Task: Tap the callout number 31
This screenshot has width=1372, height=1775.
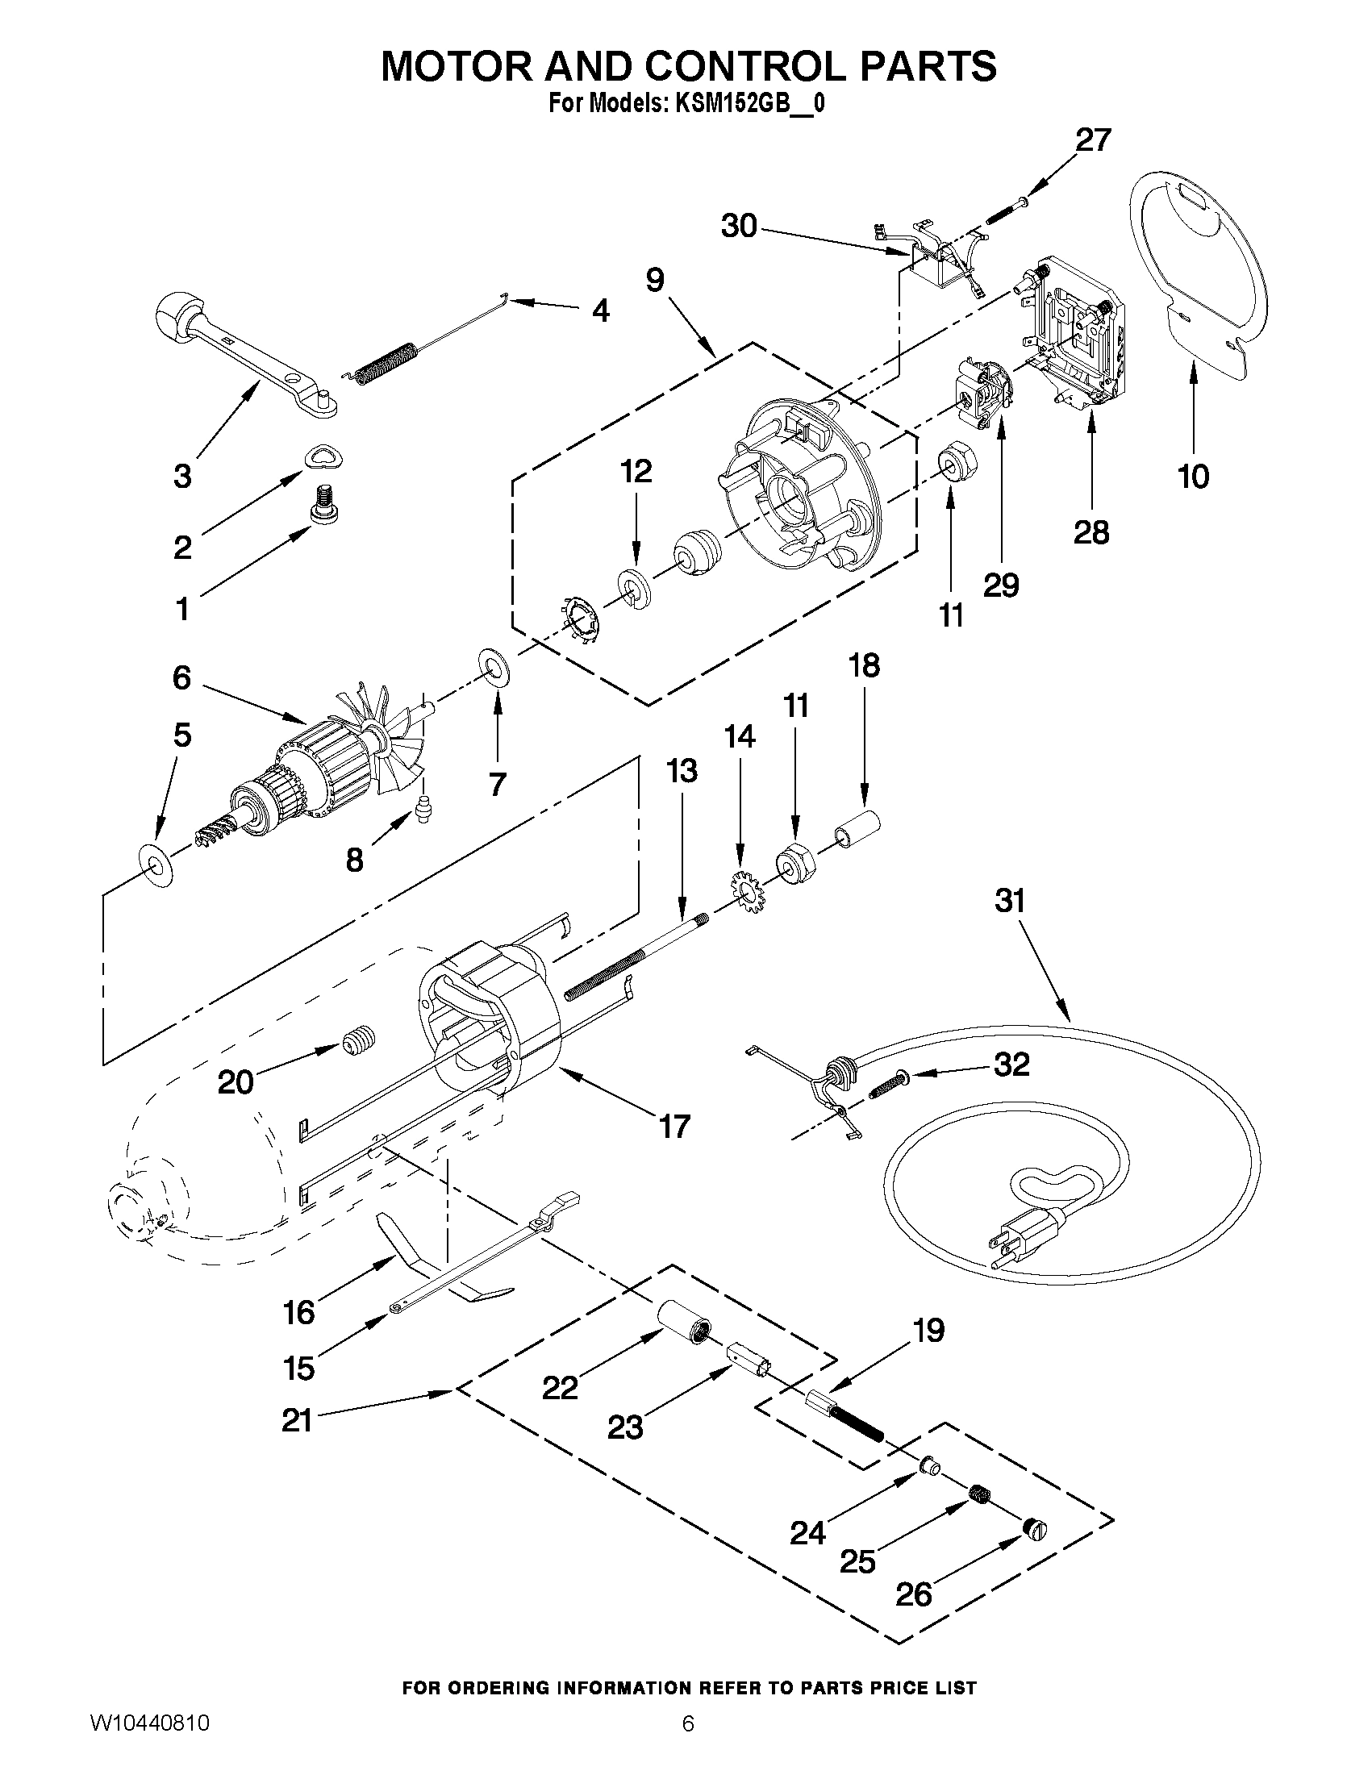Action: [x=1010, y=901]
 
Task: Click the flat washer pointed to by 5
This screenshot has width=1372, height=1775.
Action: [x=156, y=867]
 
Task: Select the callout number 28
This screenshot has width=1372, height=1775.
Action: [x=1091, y=533]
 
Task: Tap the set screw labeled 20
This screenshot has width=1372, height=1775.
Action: [x=359, y=1040]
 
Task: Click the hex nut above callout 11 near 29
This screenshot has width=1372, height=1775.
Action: [x=957, y=463]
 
